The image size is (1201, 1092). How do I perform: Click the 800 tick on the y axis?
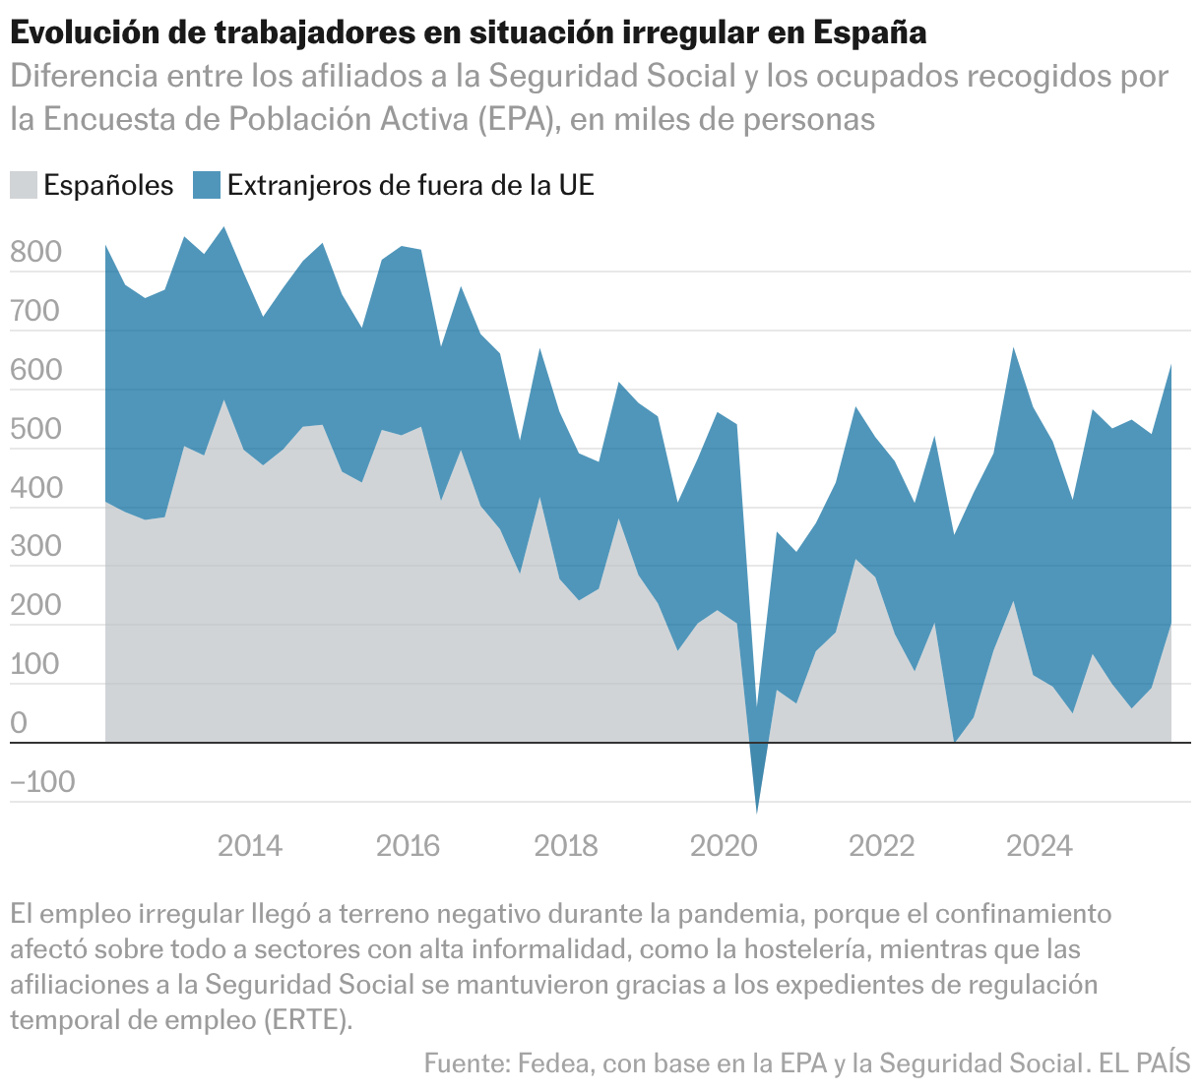click(35, 254)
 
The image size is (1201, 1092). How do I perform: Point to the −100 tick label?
click(42, 783)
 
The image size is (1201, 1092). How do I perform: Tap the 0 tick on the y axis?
click(20, 725)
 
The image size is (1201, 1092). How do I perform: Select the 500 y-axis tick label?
click(35, 431)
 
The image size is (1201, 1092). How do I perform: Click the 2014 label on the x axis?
click(250, 846)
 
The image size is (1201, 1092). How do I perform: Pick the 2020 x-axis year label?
click(723, 846)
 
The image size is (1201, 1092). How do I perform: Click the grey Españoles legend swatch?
click(24, 185)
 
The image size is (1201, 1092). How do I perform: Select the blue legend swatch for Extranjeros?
click(207, 185)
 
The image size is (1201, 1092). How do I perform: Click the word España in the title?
click(871, 32)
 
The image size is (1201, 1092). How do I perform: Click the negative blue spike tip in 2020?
click(757, 812)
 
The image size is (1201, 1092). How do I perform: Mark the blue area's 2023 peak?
click(1013, 348)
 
